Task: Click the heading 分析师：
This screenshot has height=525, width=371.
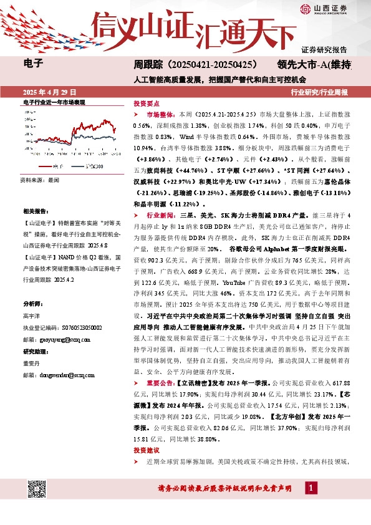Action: pyautogui.click(x=32, y=304)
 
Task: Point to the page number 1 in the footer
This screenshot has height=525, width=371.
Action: pyautogui.click(x=309, y=488)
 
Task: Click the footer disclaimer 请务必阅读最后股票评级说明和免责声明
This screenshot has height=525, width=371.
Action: pyautogui.click(x=224, y=488)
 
